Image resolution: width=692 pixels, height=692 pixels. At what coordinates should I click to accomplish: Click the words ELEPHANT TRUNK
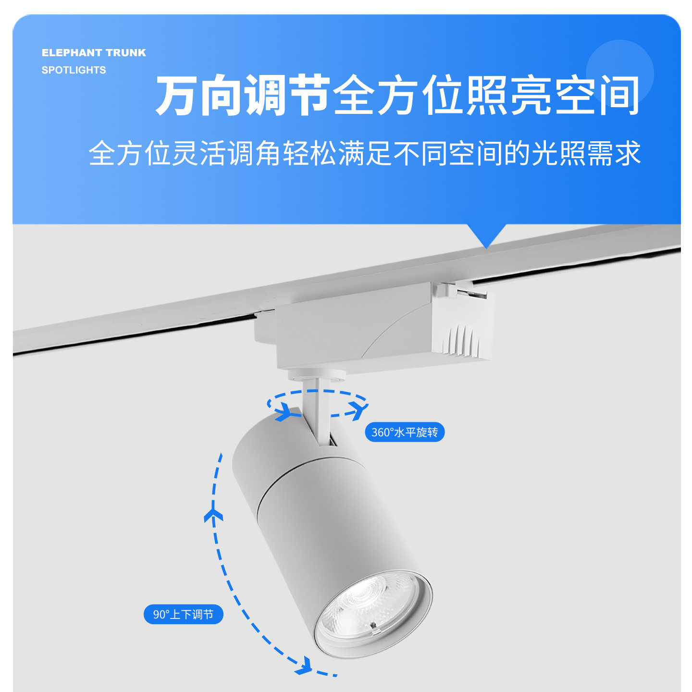point(94,53)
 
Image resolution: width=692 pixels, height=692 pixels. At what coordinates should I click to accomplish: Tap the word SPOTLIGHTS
point(74,70)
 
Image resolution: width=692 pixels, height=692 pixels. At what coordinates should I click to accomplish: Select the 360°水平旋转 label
point(405,432)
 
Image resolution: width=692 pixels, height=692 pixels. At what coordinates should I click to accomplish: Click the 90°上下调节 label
point(183,615)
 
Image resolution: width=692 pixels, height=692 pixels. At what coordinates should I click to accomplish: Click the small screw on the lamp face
point(372,626)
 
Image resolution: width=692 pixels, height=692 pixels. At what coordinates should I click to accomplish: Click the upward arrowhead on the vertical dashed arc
point(213,516)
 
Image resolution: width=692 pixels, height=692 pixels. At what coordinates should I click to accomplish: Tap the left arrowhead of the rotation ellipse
point(284,412)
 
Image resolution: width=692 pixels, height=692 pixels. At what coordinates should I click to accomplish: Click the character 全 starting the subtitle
point(102,154)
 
